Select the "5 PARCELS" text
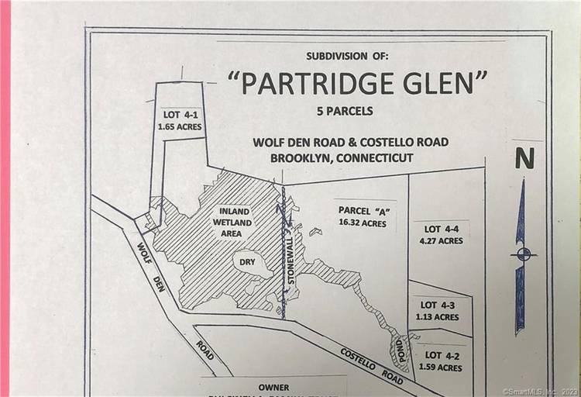345,111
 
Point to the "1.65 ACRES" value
182,122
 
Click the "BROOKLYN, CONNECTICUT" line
342,157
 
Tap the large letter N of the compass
524,159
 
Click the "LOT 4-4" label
442,229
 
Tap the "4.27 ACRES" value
442,240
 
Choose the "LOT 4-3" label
438,306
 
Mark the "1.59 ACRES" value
438,367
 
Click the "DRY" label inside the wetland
247,263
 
